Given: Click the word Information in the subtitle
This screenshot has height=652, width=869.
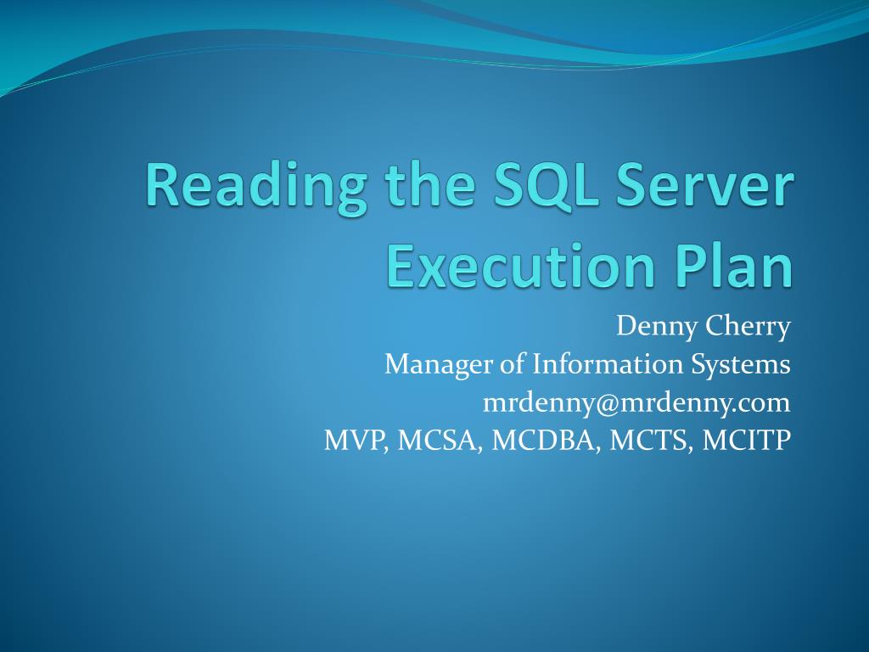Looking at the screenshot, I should pyautogui.click(x=588, y=365).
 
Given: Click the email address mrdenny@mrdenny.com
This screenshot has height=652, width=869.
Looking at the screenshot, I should pyautogui.click(x=636, y=402).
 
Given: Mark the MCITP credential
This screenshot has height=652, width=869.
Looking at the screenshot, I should pyautogui.click(x=743, y=441).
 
